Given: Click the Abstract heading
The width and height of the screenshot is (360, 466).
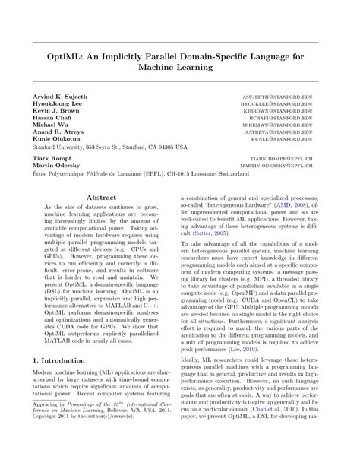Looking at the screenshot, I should [102, 196].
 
